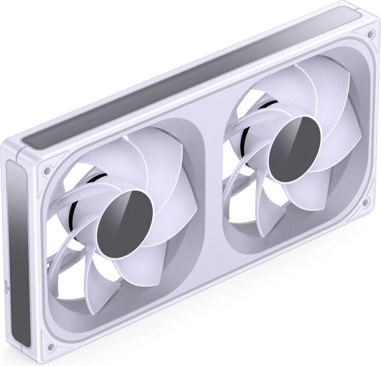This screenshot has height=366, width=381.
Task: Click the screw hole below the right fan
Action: click(365, 203)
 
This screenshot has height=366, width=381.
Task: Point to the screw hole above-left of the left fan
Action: click(47, 171)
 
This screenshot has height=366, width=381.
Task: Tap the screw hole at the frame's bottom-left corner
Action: click(51, 347)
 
